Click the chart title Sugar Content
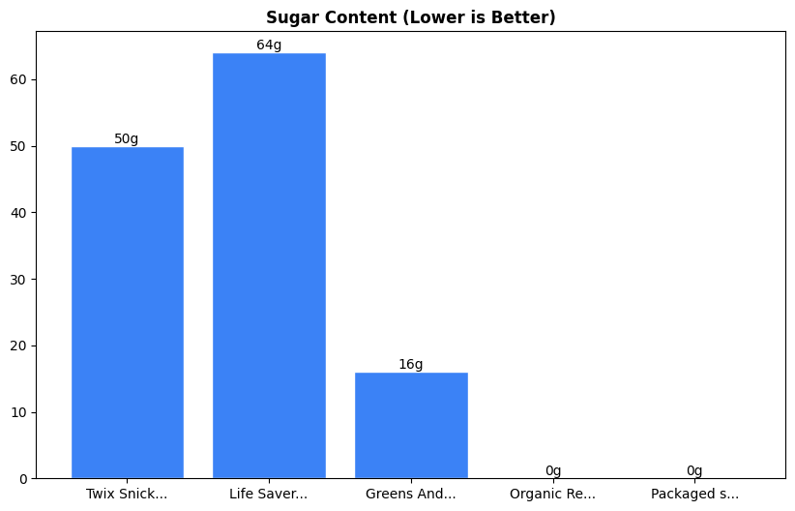pos(410,17)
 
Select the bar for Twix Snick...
pos(127,313)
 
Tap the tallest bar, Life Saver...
pos(269,266)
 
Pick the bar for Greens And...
pos(411,425)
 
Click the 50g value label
pos(127,138)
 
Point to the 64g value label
pos(269,45)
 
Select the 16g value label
pos(411,364)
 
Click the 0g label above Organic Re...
pos(553,470)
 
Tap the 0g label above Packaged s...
pos(694,470)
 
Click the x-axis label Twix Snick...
pos(127,494)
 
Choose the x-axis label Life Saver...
pos(269,494)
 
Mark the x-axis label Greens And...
pos(411,494)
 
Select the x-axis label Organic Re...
pos(553,494)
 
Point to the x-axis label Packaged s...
pos(694,494)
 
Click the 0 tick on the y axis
pos(23,479)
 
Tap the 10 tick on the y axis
pos(19,412)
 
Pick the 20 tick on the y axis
pos(19,346)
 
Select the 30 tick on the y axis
pos(19,280)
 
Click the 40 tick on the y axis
pos(19,213)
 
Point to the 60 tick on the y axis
pos(19,79)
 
